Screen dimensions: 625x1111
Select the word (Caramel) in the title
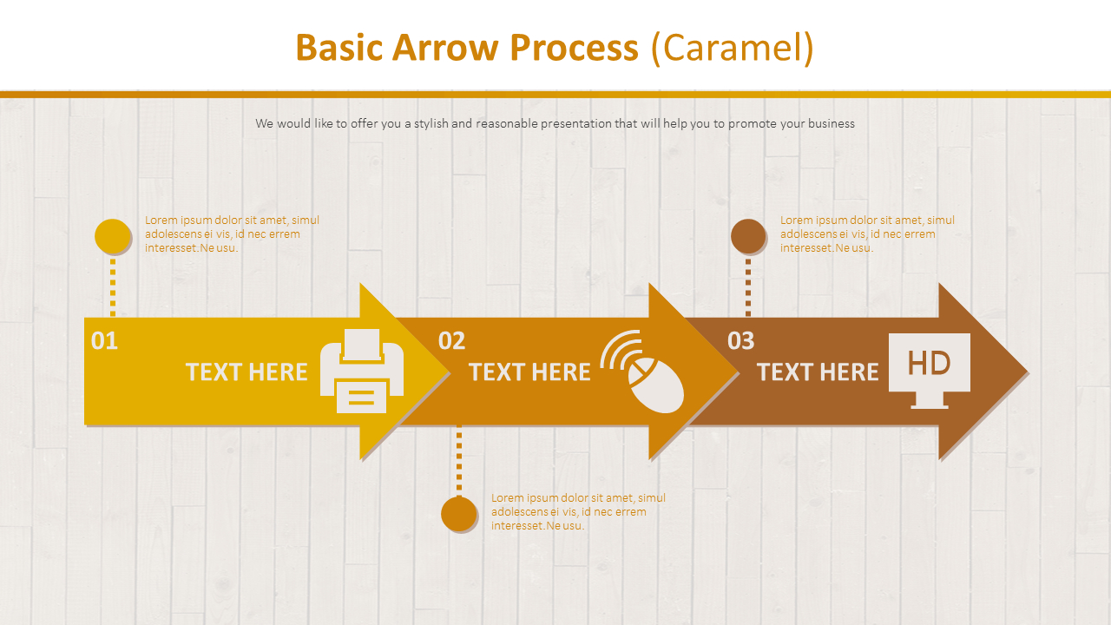[x=733, y=48]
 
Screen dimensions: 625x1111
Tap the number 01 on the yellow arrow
[x=104, y=341]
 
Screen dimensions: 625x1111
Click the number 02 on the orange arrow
[x=451, y=341]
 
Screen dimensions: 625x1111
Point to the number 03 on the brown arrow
[x=740, y=341]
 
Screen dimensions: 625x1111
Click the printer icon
[x=362, y=371]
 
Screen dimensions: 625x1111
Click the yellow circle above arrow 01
[x=112, y=237]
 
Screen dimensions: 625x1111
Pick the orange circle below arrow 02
[x=458, y=514]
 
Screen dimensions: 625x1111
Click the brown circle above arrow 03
[x=747, y=236]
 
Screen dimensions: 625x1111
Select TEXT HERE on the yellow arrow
[x=247, y=372]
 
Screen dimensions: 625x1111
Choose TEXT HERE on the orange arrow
[x=529, y=372]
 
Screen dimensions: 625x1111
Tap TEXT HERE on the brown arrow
[x=818, y=372]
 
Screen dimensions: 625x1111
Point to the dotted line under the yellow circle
[x=112, y=286]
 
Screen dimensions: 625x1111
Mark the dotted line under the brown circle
[x=747, y=286]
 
